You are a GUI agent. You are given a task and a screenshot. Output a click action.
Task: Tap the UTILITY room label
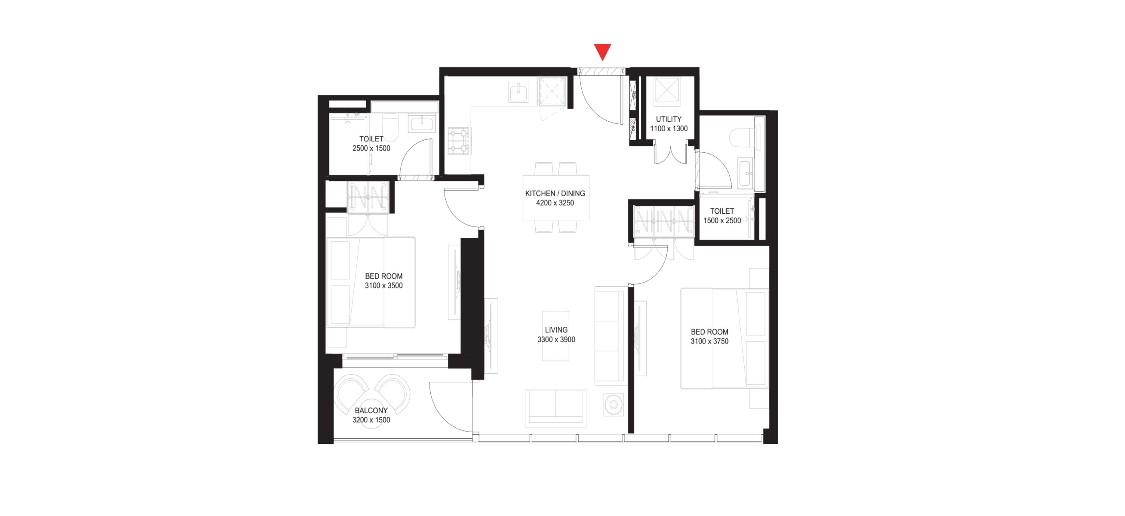click(x=668, y=119)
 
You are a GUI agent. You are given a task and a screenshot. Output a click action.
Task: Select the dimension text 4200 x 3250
click(x=555, y=203)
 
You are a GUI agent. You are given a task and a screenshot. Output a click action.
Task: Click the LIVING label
click(x=556, y=330)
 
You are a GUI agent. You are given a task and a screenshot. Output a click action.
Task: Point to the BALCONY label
click(x=371, y=410)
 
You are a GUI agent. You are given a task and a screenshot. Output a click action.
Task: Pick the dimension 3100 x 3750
click(x=709, y=341)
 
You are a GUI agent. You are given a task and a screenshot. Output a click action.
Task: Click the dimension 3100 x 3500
click(x=384, y=286)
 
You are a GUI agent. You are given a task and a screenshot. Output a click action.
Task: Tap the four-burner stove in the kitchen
click(x=459, y=141)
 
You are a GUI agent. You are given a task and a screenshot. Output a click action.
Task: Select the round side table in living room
click(x=613, y=405)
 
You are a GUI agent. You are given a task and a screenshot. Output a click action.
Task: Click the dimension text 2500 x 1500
click(x=371, y=148)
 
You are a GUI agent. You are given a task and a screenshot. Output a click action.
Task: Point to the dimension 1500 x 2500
click(x=722, y=221)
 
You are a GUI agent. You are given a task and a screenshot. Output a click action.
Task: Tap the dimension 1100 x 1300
click(x=668, y=129)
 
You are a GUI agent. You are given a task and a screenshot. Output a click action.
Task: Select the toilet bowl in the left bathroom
click(x=389, y=127)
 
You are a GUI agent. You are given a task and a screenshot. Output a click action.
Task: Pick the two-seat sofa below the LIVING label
click(x=555, y=408)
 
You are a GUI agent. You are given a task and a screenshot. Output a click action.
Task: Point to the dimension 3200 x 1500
click(x=371, y=420)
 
